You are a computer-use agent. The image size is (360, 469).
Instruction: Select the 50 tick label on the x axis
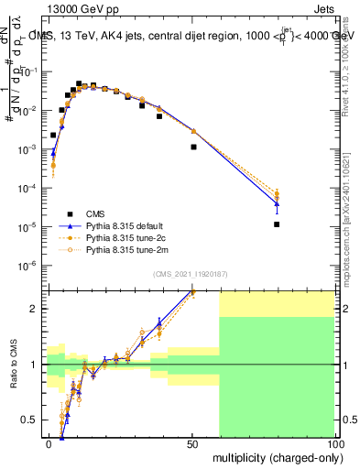(x=191, y=443)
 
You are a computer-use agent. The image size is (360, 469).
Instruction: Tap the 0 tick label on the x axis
(x=49, y=443)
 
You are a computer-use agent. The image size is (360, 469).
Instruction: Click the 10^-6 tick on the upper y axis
(x=29, y=266)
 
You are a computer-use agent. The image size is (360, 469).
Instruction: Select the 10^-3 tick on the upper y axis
(x=29, y=149)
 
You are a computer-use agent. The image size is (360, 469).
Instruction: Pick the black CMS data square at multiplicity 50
(x=193, y=147)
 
